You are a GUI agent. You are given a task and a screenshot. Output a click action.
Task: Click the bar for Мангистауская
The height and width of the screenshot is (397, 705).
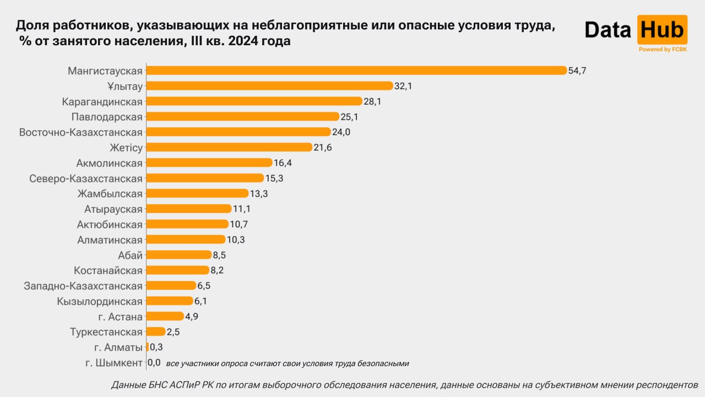(x=356, y=71)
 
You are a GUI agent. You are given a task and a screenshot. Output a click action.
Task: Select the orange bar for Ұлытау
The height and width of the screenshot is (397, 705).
(x=269, y=86)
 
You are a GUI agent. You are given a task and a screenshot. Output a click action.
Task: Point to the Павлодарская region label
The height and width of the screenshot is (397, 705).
(x=107, y=117)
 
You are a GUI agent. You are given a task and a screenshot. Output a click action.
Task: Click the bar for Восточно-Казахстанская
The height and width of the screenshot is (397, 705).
(x=238, y=132)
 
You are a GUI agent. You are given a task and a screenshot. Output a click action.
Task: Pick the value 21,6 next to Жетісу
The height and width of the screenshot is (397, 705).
(x=323, y=148)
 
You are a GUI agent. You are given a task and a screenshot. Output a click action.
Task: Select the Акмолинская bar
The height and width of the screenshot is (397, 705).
(x=209, y=163)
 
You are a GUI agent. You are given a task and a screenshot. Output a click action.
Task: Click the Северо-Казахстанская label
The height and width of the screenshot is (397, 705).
(x=85, y=178)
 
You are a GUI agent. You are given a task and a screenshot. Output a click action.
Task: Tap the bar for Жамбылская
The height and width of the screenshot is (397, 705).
(x=197, y=194)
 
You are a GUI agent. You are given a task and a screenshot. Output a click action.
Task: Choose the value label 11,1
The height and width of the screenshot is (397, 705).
(x=242, y=209)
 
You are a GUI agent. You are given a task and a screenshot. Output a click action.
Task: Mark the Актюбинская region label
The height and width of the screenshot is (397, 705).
(x=110, y=224)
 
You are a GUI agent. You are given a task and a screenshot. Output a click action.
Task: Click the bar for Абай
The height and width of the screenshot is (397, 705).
(x=178, y=255)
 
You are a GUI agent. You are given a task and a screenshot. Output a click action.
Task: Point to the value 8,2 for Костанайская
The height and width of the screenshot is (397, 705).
(x=217, y=270)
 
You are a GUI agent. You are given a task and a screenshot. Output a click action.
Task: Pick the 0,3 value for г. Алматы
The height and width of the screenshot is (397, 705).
(x=156, y=347)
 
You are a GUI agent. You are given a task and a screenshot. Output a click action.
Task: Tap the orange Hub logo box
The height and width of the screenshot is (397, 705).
(x=661, y=30)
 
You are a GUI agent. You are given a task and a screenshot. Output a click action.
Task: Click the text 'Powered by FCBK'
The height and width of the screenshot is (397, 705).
(x=663, y=50)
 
